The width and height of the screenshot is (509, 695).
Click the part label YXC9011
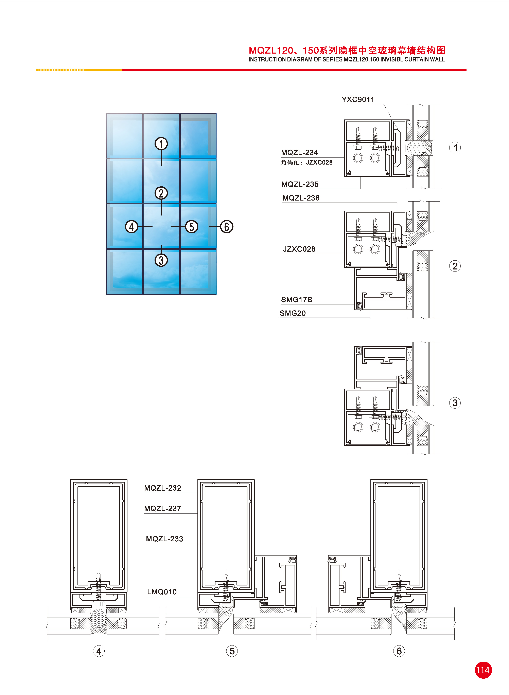[358, 99]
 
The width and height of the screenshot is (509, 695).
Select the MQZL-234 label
[299, 153]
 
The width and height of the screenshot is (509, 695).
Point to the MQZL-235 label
[300, 184]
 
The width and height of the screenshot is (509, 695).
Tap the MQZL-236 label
[301, 198]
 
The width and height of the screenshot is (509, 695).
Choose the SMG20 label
[293, 313]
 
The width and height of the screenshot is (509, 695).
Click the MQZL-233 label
[164, 539]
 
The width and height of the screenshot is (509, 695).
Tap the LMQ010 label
[162, 592]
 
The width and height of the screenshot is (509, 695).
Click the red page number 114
[483, 670]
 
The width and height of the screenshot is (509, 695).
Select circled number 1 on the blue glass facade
[161, 144]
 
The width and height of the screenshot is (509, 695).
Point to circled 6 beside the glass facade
[227, 227]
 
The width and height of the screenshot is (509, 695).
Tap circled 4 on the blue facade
[131, 227]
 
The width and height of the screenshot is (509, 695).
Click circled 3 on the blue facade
[161, 260]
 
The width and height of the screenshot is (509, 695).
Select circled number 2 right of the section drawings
[455, 266]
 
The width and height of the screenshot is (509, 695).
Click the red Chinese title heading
[347, 50]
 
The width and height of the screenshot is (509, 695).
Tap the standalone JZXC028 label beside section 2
[299, 249]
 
